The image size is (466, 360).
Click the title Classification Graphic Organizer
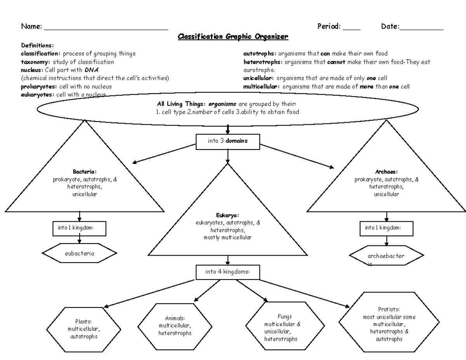233,37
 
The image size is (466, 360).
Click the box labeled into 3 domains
228,141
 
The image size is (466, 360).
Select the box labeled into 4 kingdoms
228,272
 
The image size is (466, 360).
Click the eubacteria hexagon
79,254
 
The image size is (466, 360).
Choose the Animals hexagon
175,325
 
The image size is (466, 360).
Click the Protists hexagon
389,324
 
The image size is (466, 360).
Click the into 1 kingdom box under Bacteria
79,228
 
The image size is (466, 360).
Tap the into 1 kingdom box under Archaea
386,228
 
